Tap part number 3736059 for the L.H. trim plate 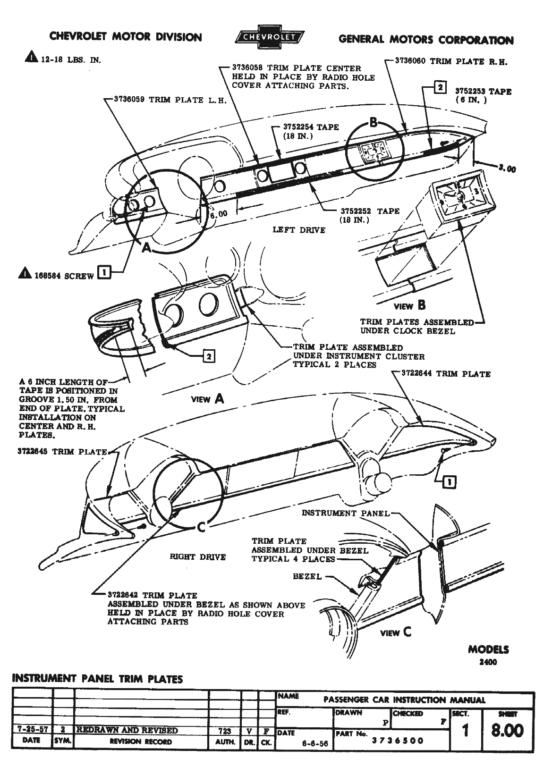[129, 100]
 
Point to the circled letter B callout [374, 124]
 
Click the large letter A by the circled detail [147, 247]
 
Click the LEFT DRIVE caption [299, 230]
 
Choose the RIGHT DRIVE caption [197, 557]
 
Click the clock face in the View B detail [457, 194]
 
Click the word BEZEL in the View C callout [307, 576]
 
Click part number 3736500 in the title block [398, 741]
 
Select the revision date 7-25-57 [32, 730]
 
